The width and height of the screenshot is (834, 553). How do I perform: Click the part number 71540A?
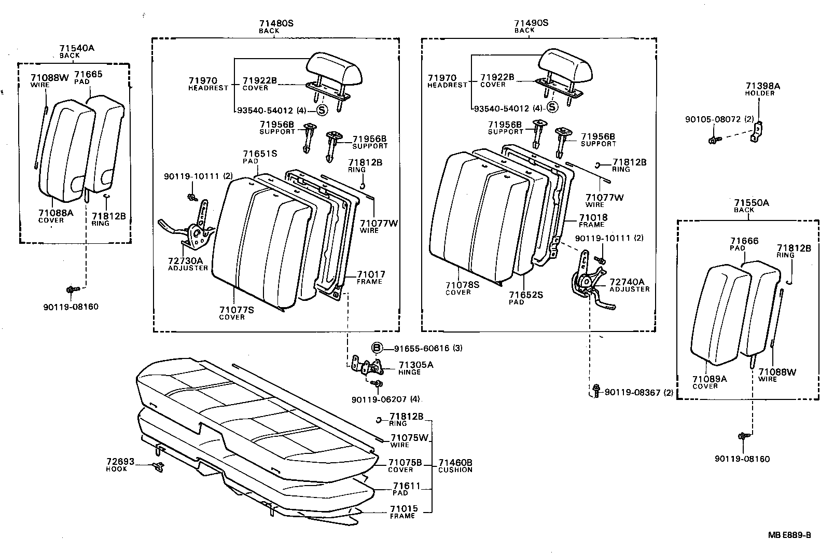pyautogui.click(x=76, y=48)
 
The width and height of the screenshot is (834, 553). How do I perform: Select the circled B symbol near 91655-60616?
pyautogui.click(x=377, y=348)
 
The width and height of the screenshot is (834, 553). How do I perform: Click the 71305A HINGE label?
pyautogui.click(x=415, y=368)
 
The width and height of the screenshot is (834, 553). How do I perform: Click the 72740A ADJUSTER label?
pyautogui.click(x=629, y=285)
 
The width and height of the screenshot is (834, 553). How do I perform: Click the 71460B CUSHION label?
pyautogui.click(x=455, y=465)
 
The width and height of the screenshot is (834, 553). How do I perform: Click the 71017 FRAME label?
pyautogui.click(x=370, y=278)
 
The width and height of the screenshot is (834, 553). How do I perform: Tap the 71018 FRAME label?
pyautogui.click(x=593, y=220)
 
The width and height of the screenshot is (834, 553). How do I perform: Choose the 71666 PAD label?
pyautogui.click(x=744, y=244)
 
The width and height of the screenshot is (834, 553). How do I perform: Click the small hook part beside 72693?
pyautogui.click(x=159, y=466)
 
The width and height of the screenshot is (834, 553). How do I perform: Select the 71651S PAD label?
pyautogui.click(x=260, y=157)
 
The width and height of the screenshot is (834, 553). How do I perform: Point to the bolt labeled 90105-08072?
pyautogui.click(x=714, y=140)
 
